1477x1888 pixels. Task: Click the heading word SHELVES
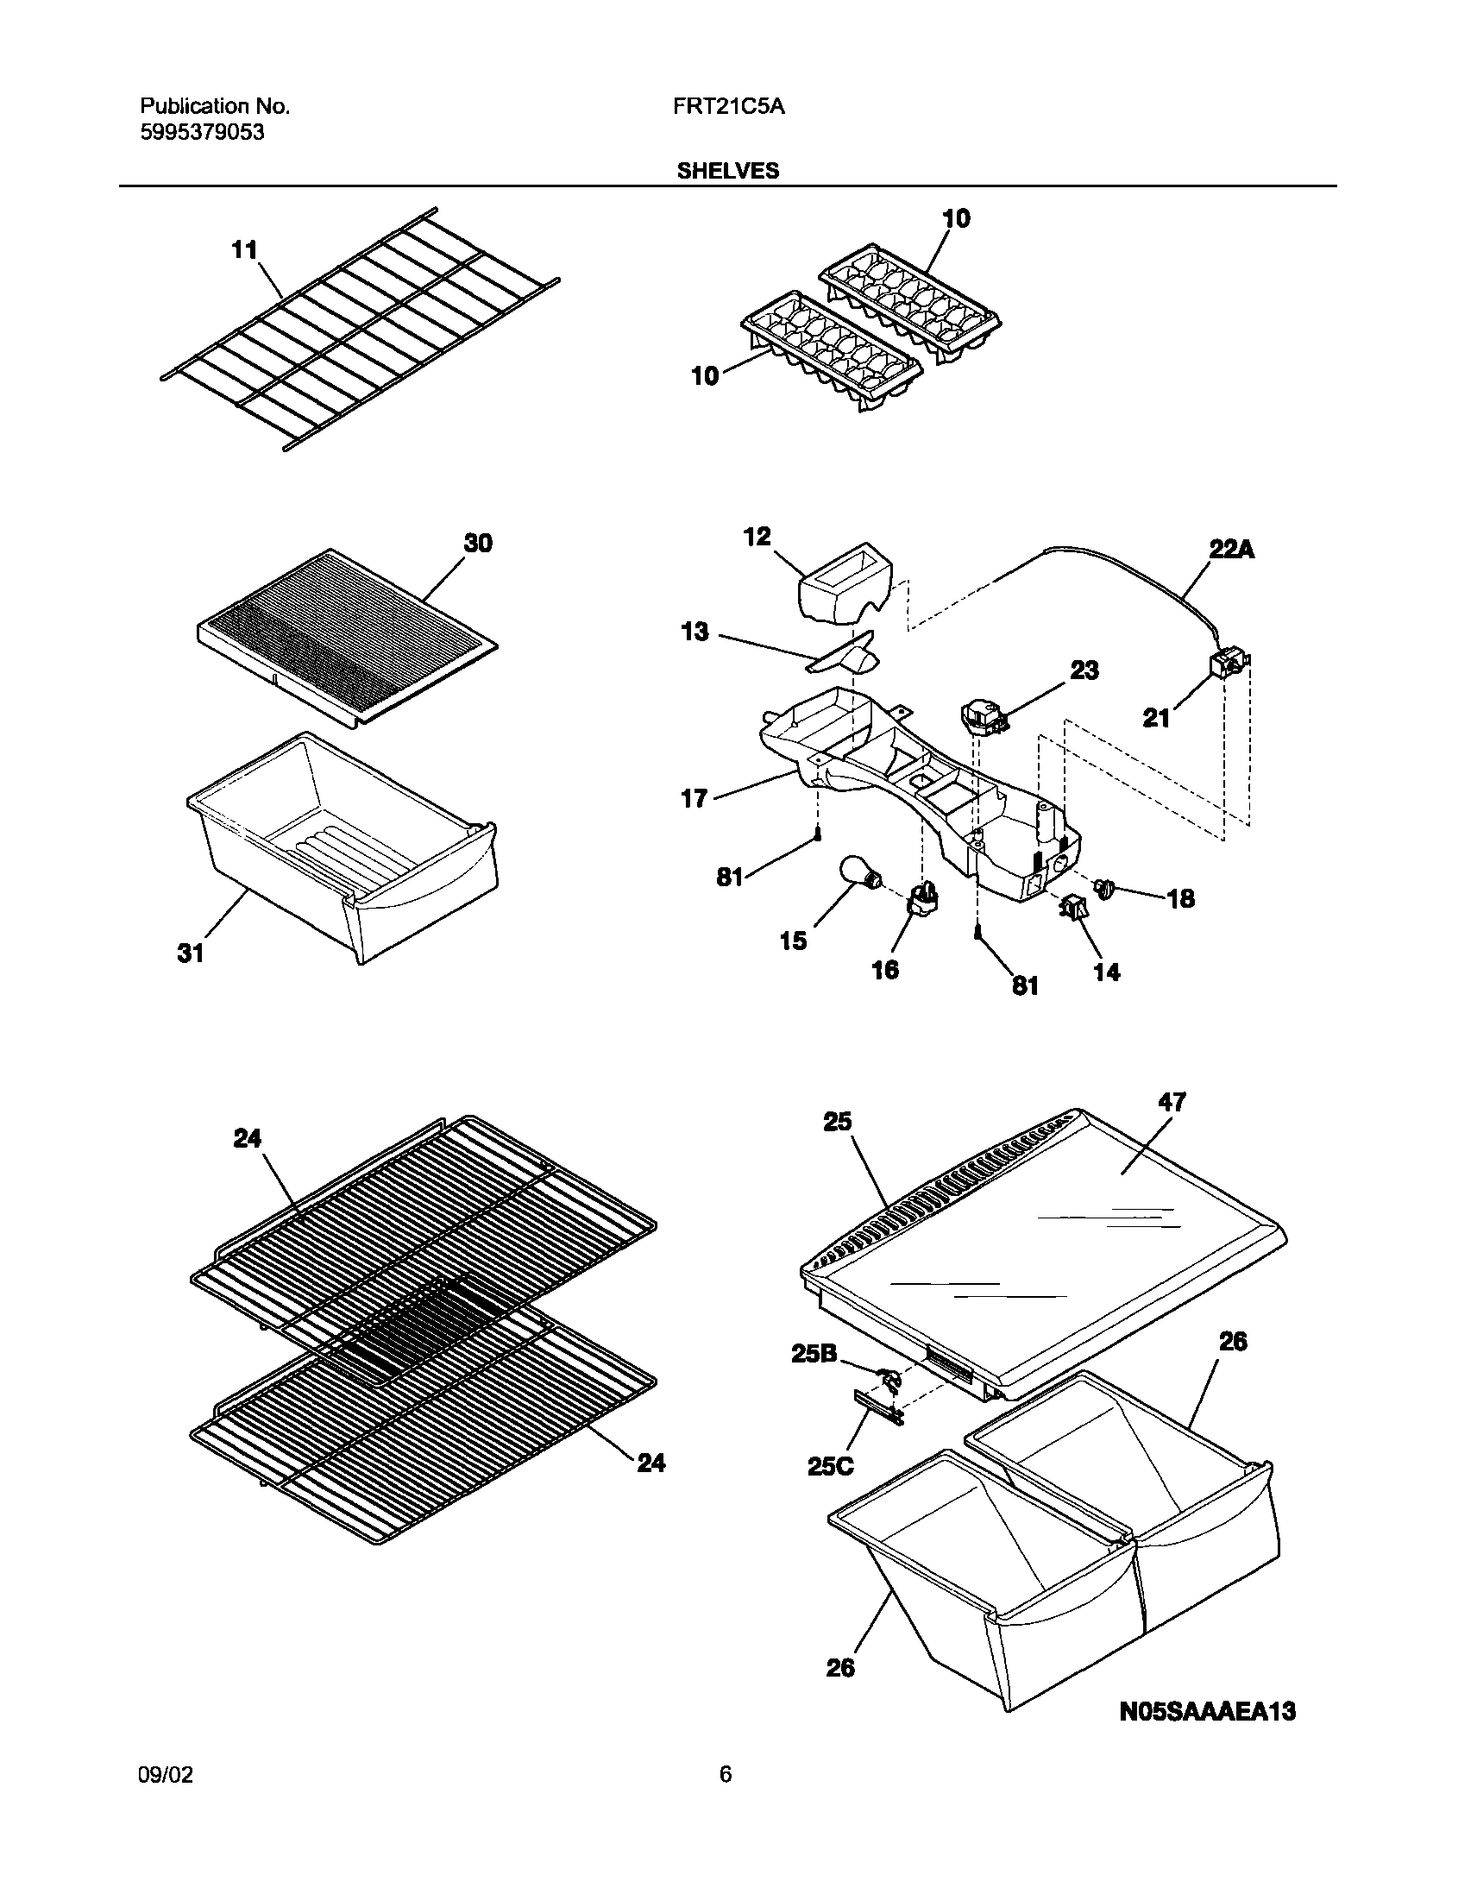tap(727, 171)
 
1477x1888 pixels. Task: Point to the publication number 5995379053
tap(203, 132)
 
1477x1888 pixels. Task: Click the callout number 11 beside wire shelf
tap(244, 251)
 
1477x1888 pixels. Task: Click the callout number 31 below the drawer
tap(191, 953)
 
